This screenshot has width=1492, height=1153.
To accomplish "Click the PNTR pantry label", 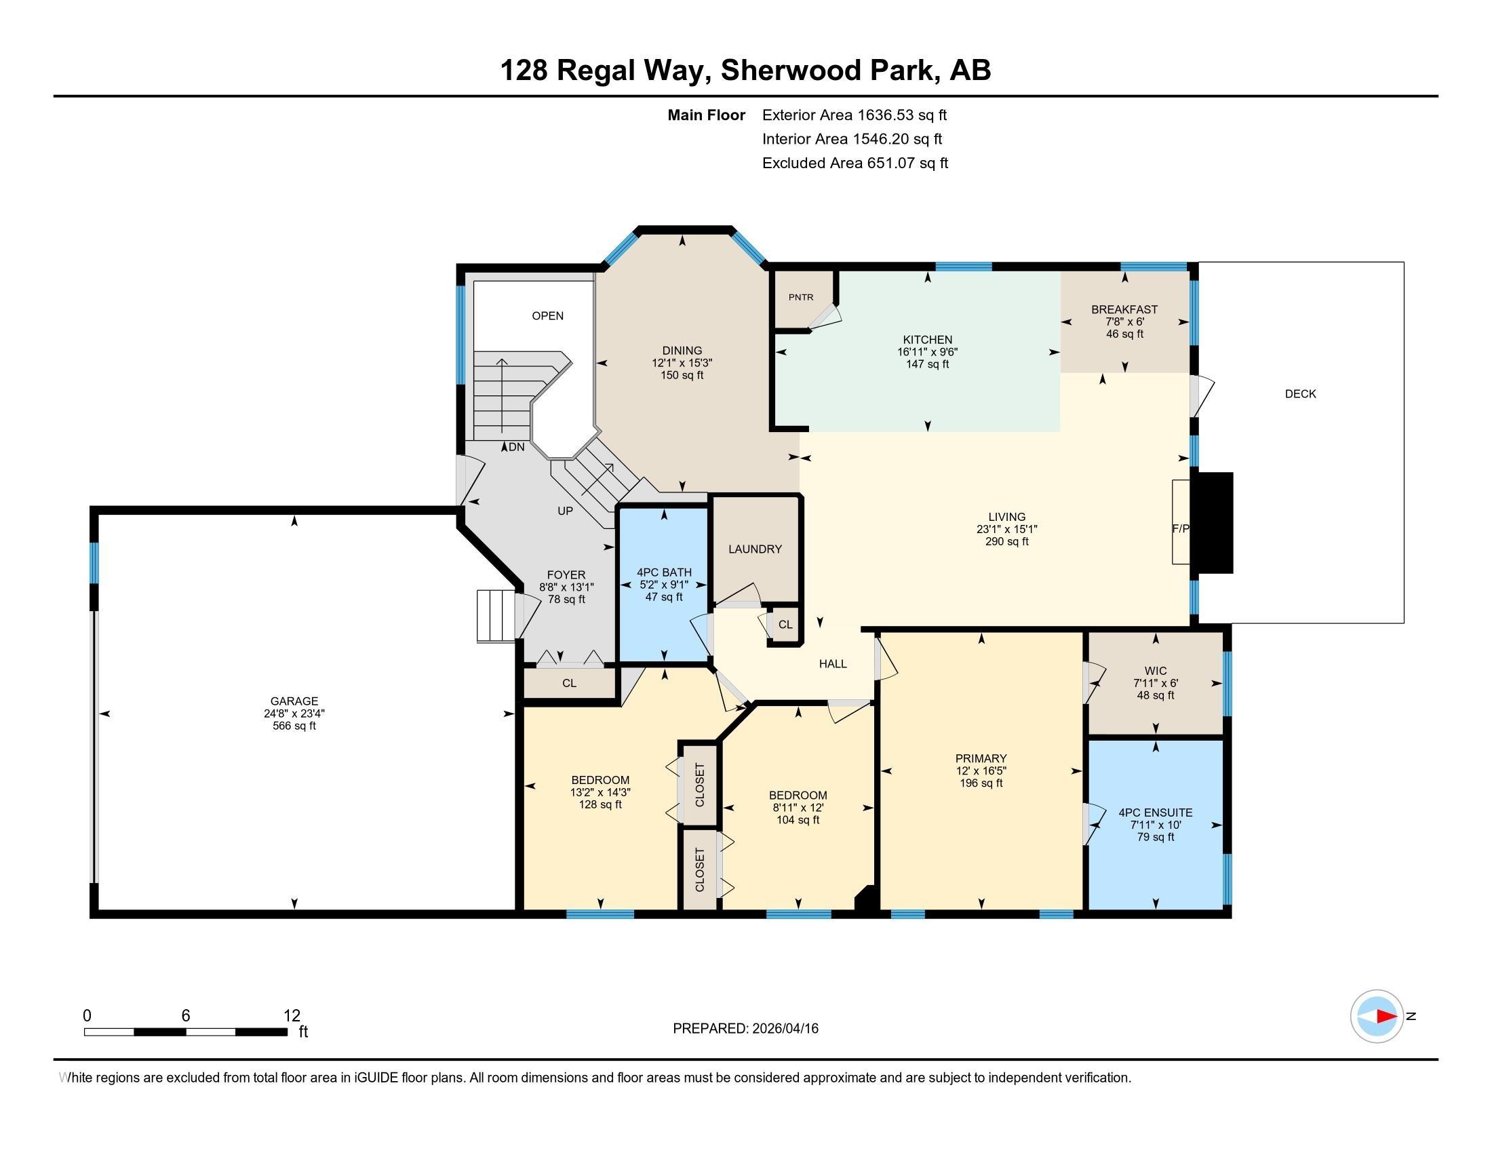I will coord(801,297).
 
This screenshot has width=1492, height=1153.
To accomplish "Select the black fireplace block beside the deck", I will coord(1212,522).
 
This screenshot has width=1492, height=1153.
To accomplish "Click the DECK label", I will coord(1300,393).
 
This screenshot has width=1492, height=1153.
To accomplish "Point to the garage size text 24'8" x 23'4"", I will coord(294,713).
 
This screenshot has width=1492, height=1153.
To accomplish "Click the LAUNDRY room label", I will coord(755,549).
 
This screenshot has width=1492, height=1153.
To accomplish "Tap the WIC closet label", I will coord(1155,671).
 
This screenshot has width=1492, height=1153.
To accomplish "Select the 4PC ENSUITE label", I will coord(1155,812).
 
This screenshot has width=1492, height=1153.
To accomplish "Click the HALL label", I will coord(833,663).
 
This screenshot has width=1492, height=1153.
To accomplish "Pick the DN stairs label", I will coord(517,447).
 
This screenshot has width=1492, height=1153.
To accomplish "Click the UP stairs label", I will coord(565,511).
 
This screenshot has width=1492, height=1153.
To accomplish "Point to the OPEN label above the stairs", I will coord(548,315).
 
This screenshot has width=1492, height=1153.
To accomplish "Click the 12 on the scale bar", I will coord(292,1015).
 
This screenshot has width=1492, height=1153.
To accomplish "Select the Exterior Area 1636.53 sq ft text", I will coord(854,115).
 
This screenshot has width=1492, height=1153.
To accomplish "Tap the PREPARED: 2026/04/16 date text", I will coord(745,1028).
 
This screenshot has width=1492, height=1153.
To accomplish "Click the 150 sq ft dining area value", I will coord(682,375).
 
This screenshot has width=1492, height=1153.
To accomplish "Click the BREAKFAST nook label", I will coord(1124,309).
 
